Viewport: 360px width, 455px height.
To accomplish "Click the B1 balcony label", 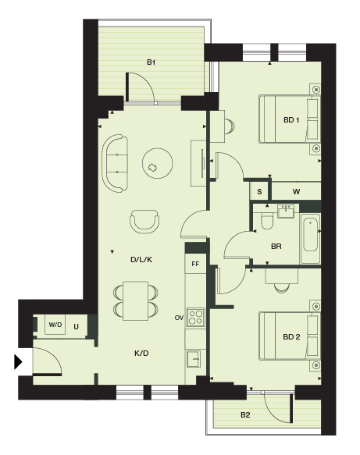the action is tap(151, 62).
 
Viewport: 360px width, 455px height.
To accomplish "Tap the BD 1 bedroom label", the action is tap(291, 120).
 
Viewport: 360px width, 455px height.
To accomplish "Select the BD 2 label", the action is tap(291, 337).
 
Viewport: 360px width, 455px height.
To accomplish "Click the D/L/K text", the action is tap(141, 259).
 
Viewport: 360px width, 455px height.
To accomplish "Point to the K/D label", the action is tap(141, 353).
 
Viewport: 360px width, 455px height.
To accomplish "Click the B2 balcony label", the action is tap(245, 415).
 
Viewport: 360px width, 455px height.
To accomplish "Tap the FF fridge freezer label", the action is tap(195, 264).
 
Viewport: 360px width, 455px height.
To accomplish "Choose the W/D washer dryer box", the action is tap(55, 325).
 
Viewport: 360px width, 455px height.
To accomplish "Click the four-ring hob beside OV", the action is tap(196, 317).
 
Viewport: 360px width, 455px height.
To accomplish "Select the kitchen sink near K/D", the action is tap(194, 359).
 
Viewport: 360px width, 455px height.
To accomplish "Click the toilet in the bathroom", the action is tap(267, 221).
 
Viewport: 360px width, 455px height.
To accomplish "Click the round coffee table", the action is tap(158, 163).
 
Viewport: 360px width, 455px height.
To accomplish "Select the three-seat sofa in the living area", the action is tap(115, 163).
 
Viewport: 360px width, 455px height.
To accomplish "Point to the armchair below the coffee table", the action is tap(144, 222).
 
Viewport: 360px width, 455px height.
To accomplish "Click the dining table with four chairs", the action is tap(136, 300).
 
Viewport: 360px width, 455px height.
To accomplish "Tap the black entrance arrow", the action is tap(18, 362).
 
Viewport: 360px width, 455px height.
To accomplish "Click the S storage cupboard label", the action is tap(259, 191).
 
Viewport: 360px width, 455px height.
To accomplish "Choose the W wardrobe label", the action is tap(296, 191).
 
